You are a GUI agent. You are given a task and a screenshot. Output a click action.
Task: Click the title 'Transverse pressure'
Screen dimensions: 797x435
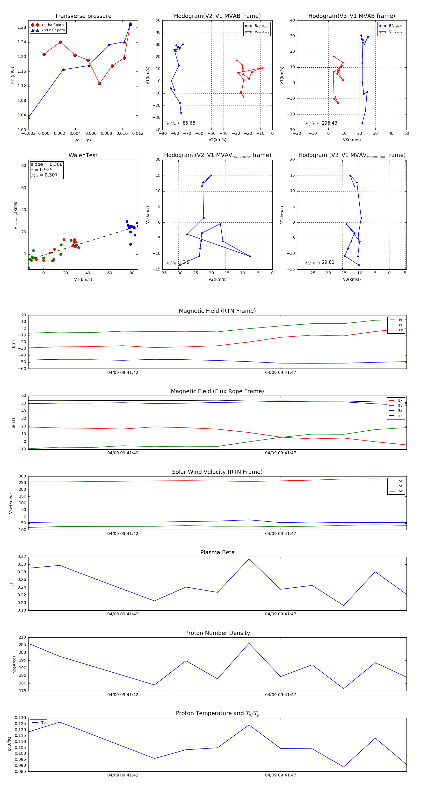coord(83,16)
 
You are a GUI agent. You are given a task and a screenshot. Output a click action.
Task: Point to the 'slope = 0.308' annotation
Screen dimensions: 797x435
coord(46,164)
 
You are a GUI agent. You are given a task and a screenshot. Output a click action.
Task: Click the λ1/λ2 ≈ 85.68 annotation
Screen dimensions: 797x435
coord(181,123)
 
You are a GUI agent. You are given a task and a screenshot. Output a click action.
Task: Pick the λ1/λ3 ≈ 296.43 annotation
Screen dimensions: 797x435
coord(321,123)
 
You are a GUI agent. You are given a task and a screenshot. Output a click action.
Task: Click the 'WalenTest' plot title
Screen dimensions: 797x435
coord(83,155)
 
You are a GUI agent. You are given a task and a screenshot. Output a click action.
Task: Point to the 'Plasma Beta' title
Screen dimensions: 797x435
coord(217,552)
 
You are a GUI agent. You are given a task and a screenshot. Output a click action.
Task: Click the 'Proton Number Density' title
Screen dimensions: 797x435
coord(217,633)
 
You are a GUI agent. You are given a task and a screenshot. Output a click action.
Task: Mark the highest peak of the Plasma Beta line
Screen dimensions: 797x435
coord(249,559)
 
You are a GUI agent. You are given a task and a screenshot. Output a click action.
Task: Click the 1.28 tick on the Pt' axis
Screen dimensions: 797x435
coord(22,28)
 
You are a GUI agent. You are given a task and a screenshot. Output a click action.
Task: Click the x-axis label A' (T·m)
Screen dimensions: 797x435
coord(83,140)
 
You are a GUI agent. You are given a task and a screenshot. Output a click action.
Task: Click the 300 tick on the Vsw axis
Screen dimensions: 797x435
coord(22,476)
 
